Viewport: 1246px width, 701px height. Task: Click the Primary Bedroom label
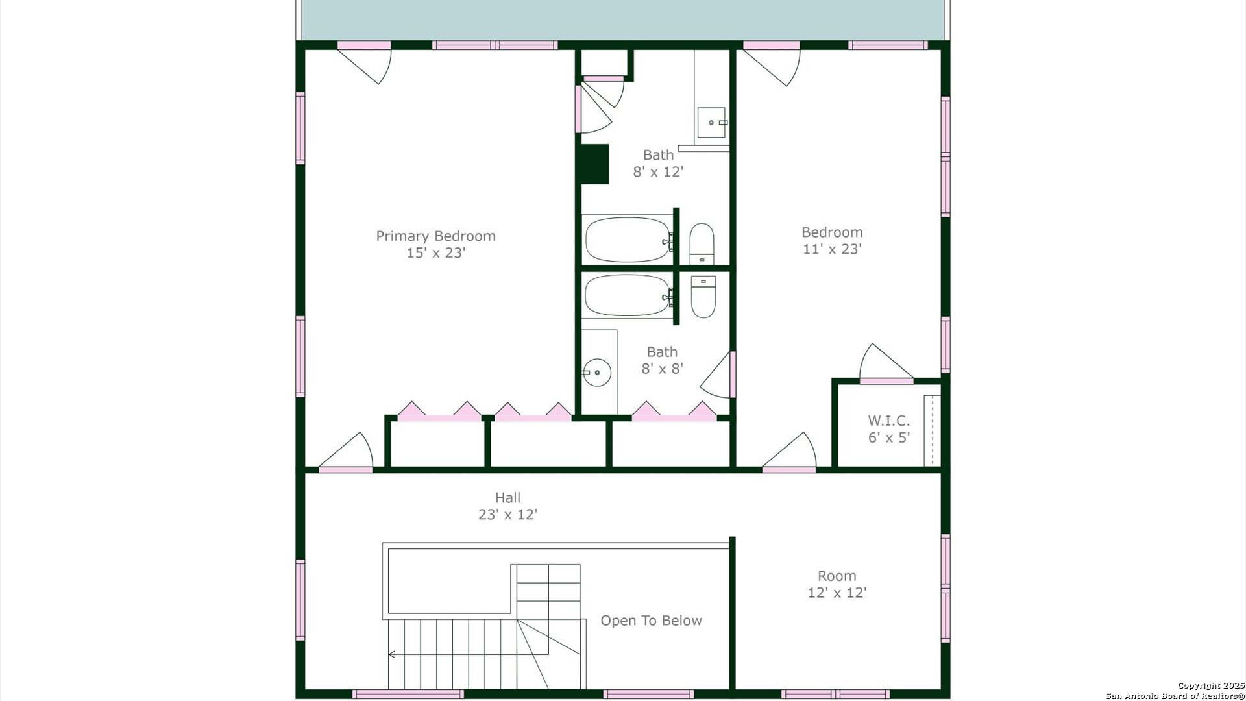(435, 236)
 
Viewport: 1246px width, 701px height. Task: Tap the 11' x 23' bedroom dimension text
(832, 249)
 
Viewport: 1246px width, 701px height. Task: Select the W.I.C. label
(889, 421)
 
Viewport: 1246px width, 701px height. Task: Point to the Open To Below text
(651, 621)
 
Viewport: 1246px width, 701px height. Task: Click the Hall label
(507, 498)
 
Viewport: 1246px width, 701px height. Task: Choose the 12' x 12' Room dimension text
(837, 593)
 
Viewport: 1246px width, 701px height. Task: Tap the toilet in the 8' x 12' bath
(702, 243)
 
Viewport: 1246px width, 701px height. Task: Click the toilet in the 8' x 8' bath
(703, 297)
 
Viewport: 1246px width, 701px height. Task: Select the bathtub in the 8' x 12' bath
(628, 240)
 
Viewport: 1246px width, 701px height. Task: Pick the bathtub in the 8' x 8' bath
(628, 295)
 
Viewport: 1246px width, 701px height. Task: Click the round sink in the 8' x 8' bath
(597, 373)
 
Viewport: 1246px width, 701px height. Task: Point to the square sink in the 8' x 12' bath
(713, 123)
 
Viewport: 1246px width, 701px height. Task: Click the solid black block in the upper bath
(594, 164)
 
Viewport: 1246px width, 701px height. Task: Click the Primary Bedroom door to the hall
(345, 452)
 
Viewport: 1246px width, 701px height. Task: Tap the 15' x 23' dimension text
(435, 253)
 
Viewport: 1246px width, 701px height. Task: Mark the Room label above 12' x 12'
(837, 576)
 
